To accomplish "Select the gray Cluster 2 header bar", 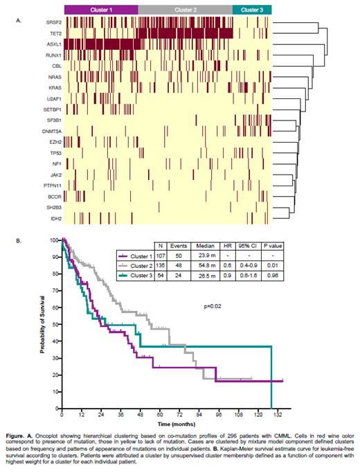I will pos(185,10).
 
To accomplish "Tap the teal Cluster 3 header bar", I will pos(251,10).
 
